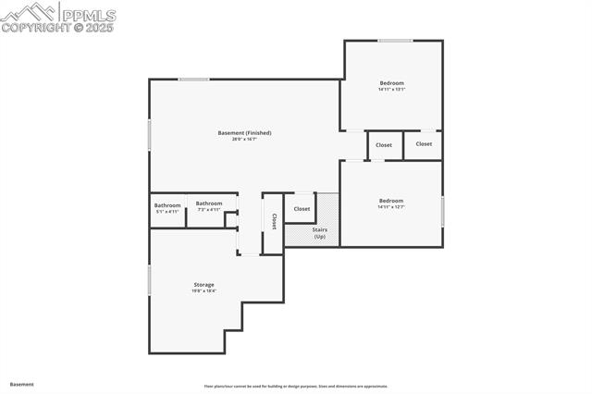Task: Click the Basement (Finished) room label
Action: point(244,133)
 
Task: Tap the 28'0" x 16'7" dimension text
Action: point(244,140)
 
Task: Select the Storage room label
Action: point(203,284)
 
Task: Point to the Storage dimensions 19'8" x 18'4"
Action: point(203,290)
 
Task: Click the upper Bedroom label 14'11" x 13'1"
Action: point(391,83)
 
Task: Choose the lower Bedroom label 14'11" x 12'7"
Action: point(390,201)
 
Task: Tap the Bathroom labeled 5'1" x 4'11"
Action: point(167,205)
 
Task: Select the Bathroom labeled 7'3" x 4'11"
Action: point(209,203)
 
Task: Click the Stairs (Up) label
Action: point(319,232)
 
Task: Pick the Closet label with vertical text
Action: point(274,222)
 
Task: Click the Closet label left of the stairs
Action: point(302,209)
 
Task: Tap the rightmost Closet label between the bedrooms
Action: point(424,144)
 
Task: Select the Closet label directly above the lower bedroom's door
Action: point(384,145)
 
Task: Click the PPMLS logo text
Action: point(87,15)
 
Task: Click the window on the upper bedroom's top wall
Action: point(395,40)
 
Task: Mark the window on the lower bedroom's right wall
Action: point(443,211)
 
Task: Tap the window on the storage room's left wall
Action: point(149,280)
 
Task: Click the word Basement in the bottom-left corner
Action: point(22,384)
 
